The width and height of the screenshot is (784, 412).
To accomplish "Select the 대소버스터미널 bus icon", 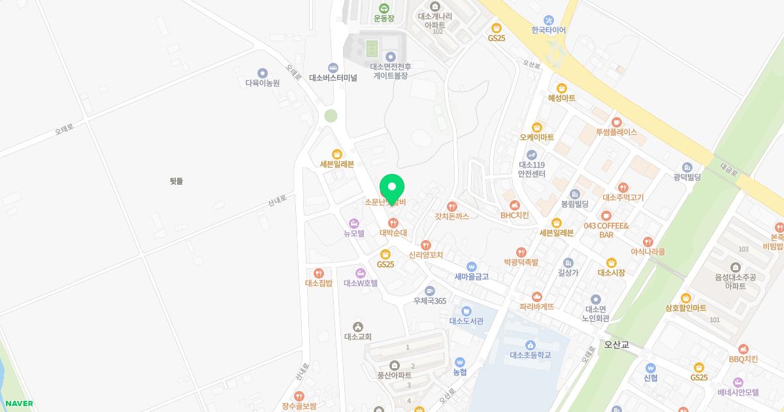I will coord(333,67).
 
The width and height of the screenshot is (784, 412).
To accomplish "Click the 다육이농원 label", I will coord(262,83).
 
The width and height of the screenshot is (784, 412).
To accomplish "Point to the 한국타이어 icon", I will coord(548,20).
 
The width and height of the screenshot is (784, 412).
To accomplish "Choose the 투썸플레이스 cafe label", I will coord(615,132).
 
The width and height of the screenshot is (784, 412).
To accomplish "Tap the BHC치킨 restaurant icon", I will coord(515,205).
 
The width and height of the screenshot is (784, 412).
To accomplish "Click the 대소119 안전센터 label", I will coord(531,169).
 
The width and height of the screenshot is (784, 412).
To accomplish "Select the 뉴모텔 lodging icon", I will coord(354,223).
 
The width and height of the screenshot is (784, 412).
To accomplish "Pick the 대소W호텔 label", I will coord(361,283).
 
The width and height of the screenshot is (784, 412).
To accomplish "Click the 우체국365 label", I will coord(429,301).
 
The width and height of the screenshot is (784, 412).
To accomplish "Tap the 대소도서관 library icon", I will coord(466,311).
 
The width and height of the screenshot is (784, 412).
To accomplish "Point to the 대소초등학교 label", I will coord(530,355).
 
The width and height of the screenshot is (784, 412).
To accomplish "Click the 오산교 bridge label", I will coord(615,344).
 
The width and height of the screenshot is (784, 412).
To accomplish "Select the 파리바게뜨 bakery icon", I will coord(537,296).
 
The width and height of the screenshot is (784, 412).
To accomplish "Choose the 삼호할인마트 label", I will coord(685,308).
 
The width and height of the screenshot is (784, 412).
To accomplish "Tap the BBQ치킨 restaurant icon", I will coord(743,349).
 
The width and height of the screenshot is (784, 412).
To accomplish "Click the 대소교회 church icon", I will coord(357,326).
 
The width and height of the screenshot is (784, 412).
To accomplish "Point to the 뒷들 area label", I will coord(176,181).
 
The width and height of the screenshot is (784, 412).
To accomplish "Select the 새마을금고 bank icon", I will coord(471,266).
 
